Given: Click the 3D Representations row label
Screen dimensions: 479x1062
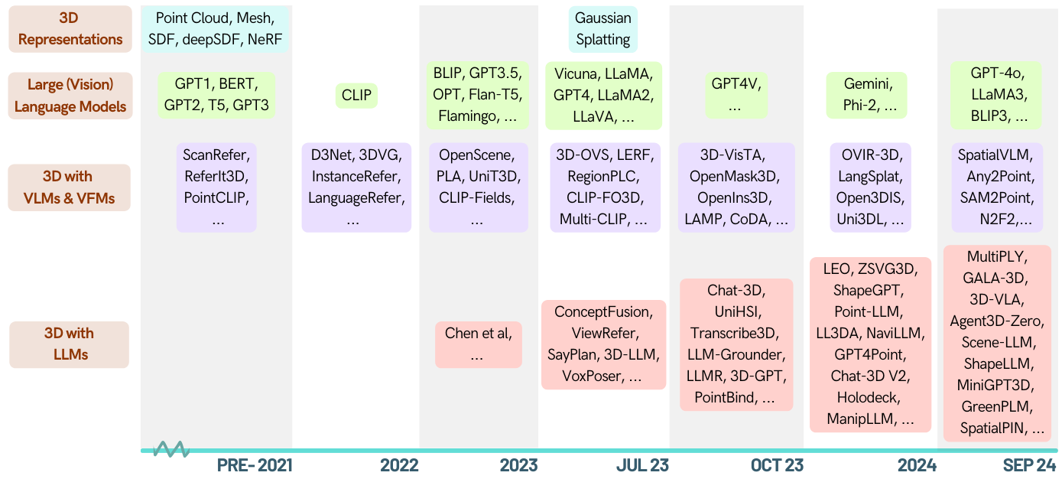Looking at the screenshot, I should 70,29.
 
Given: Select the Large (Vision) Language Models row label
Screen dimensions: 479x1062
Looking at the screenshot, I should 70,96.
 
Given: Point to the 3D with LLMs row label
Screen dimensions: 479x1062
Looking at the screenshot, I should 70,344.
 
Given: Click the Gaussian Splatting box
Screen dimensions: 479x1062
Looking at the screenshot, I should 603,29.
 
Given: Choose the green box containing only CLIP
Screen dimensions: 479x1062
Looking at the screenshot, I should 356,96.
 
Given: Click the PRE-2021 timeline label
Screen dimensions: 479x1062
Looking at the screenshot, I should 255,465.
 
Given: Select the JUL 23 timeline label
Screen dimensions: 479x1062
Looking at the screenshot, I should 642,465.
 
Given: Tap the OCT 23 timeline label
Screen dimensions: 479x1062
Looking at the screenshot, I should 777,465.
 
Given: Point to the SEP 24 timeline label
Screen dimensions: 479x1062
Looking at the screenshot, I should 1029,465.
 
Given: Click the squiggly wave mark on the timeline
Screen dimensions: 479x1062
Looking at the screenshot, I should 171,449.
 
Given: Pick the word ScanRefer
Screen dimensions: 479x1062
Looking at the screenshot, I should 216,155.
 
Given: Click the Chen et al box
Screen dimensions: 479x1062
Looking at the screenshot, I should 479,344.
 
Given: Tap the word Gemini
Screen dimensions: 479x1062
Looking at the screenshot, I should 867,84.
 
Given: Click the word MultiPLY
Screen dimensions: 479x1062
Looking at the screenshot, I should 997,256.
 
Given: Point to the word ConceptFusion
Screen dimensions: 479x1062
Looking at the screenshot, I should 603,312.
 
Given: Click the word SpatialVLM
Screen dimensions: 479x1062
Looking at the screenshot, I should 997,155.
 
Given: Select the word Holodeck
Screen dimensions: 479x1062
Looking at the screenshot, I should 870,398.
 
